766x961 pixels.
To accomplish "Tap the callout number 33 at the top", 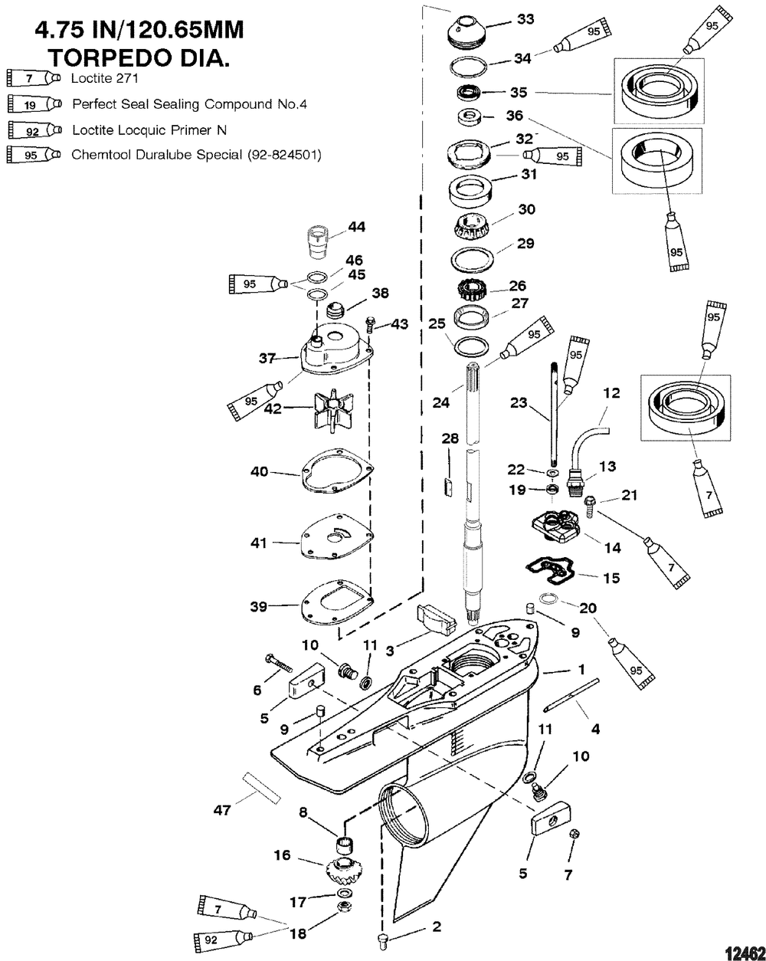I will click(526, 19).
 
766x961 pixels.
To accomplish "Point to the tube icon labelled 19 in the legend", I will click(34, 103).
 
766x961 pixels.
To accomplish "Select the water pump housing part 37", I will click(335, 353).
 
